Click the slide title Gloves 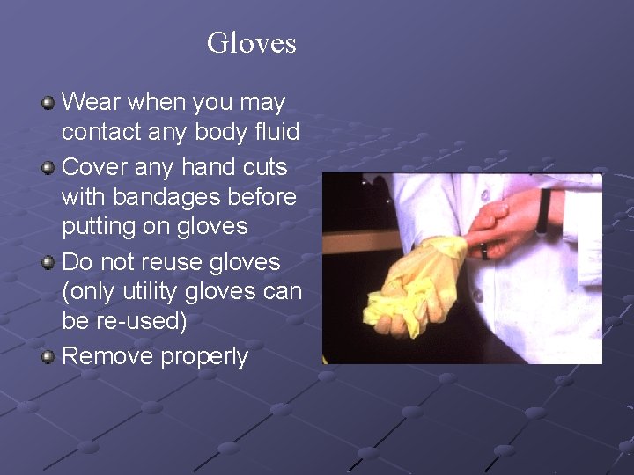[x=251, y=42]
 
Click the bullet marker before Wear [x=48, y=103]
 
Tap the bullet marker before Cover [x=48, y=166]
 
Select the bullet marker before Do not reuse [x=48, y=262]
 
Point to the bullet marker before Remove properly [x=48, y=356]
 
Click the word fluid [x=276, y=133]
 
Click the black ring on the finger [x=485, y=250]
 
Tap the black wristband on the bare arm [x=543, y=211]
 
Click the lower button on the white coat [x=478, y=295]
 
